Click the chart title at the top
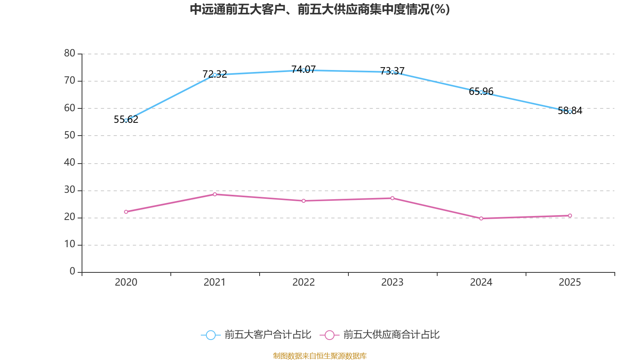[320, 10]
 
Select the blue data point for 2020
[126, 120]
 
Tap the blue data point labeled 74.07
[304, 70]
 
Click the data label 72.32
[214, 74]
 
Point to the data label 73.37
[392, 71]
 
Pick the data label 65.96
[481, 92]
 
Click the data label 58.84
[570, 110]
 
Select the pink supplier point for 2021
[215, 194]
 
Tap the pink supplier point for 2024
[481, 218]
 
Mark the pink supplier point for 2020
[126, 212]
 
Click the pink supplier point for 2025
[570, 216]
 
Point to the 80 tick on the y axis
[70, 53]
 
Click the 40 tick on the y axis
[70, 162]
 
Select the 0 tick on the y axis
[72, 271]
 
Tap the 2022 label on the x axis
[304, 282]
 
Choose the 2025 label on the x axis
[570, 282]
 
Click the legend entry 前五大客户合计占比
[256, 334]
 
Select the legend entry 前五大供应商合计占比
[380, 334]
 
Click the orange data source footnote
[320, 356]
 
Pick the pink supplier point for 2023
[392, 198]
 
